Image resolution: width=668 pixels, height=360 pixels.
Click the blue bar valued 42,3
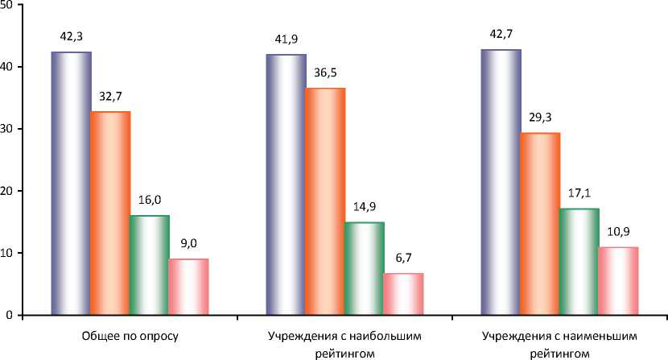click(71, 183)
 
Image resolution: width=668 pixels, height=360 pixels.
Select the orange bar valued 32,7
click(110, 213)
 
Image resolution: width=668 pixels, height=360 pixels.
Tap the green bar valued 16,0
click(150, 265)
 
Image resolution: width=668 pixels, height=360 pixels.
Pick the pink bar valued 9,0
click(188, 287)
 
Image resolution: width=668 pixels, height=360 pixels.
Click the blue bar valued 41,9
click(286, 184)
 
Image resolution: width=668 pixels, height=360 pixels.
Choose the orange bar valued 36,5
click(325, 201)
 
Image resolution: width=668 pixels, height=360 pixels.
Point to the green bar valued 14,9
click(364, 268)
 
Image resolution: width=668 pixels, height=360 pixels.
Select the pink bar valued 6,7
click(403, 294)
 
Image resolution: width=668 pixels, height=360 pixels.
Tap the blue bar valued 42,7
click(501, 182)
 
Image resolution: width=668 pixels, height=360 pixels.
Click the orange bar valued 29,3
click(540, 224)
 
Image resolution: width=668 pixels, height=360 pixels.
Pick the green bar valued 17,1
click(579, 262)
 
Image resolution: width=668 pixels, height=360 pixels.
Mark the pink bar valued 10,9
click(618, 281)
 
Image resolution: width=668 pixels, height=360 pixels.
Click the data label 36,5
click(325, 73)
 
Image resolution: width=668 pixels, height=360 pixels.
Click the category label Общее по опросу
click(130, 334)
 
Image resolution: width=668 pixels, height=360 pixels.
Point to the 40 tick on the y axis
click(8, 67)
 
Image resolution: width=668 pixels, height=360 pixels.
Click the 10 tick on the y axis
click(8, 253)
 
